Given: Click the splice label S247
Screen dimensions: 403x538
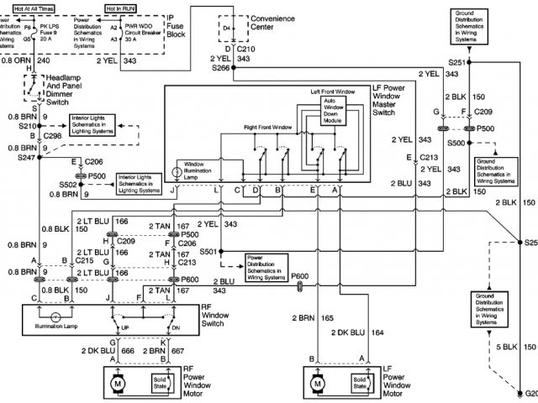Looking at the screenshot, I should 17,157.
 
